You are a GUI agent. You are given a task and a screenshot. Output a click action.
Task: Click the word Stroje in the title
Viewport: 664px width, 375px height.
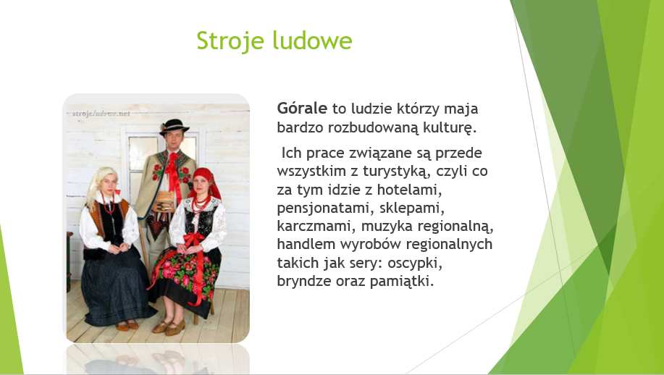[x=230, y=41]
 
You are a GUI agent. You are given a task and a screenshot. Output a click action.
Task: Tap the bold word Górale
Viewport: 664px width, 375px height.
[x=302, y=108]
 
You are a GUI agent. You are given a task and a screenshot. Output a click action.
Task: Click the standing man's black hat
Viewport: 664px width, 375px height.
[x=174, y=127]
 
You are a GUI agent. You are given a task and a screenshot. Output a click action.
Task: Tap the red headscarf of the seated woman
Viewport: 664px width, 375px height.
[x=205, y=182]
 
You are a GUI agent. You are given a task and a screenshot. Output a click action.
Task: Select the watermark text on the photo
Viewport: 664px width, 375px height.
[x=101, y=114]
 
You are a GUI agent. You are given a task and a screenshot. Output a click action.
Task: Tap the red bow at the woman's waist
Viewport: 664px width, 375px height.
[x=193, y=240]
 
